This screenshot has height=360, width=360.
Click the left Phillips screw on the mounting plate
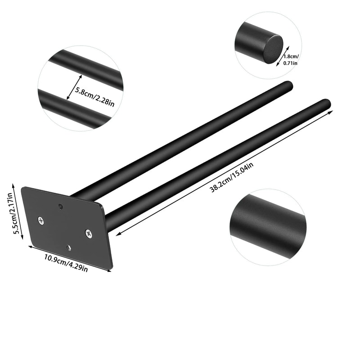(x=41, y=220)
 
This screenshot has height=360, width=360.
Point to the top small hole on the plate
(x=61, y=206)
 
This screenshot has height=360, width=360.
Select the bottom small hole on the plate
(x=68, y=247)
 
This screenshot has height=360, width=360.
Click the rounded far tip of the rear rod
(x=288, y=85)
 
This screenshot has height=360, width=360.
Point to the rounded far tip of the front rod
(x=326, y=103)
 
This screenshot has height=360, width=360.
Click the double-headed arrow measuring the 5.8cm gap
(x=71, y=87)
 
